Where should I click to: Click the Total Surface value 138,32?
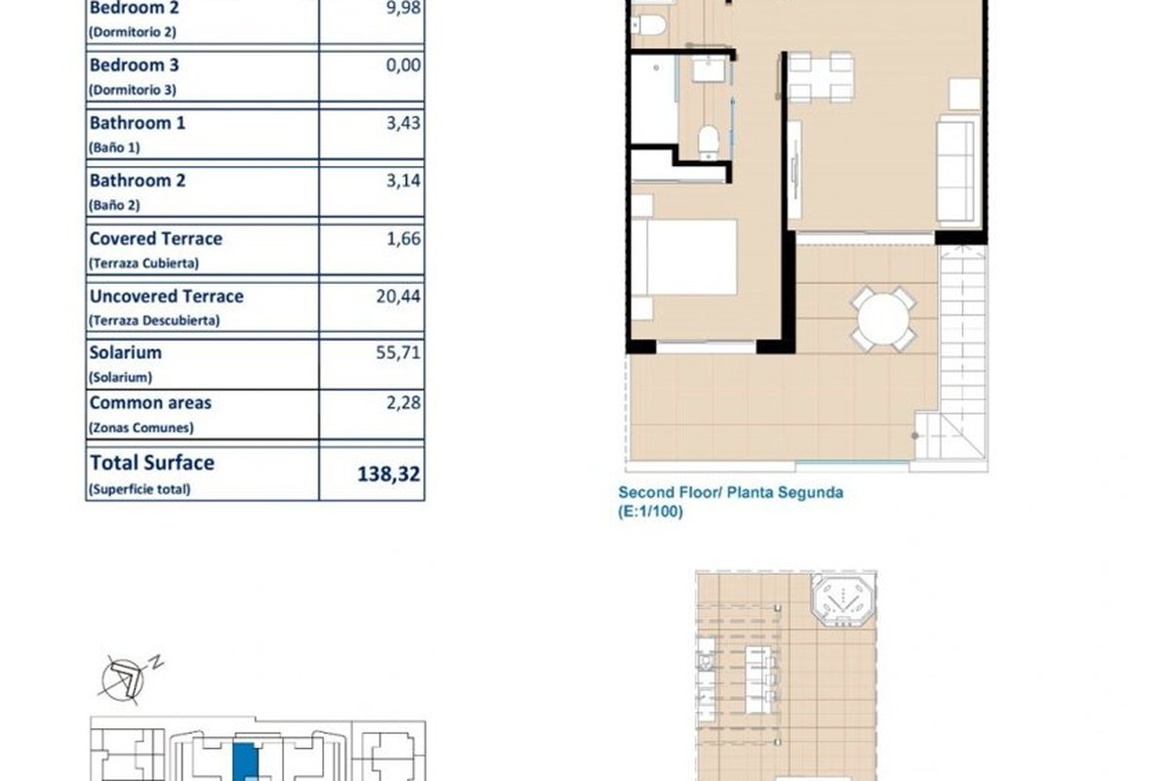point(388,473)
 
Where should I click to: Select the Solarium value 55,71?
point(398,352)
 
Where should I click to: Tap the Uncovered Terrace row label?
point(166,296)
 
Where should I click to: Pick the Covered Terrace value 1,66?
point(403,238)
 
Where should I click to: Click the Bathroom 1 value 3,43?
point(403,123)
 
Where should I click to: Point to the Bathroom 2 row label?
point(138,181)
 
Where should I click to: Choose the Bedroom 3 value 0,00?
point(403,64)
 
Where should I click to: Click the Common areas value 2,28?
point(403,402)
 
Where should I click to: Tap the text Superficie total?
point(140,490)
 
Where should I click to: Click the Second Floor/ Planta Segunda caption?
point(731,492)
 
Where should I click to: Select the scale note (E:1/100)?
point(650,512)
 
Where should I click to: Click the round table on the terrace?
point(883,318)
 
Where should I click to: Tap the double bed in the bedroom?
point(684,258)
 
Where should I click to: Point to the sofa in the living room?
point(957,171)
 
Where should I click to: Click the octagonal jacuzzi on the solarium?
point(843,599)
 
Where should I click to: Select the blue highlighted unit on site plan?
point(245,761)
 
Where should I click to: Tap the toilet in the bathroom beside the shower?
point(708,142)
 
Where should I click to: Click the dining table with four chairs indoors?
point(821,77)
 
